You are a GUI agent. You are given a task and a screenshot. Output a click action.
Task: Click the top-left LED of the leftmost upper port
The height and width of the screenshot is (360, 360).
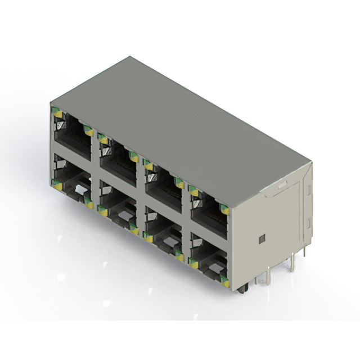click(57, 113)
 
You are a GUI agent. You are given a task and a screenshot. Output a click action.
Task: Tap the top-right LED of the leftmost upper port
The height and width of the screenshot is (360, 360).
click(88, 130)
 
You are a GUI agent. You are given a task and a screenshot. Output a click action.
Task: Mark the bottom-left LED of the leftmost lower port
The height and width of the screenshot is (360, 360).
click(57, 182)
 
